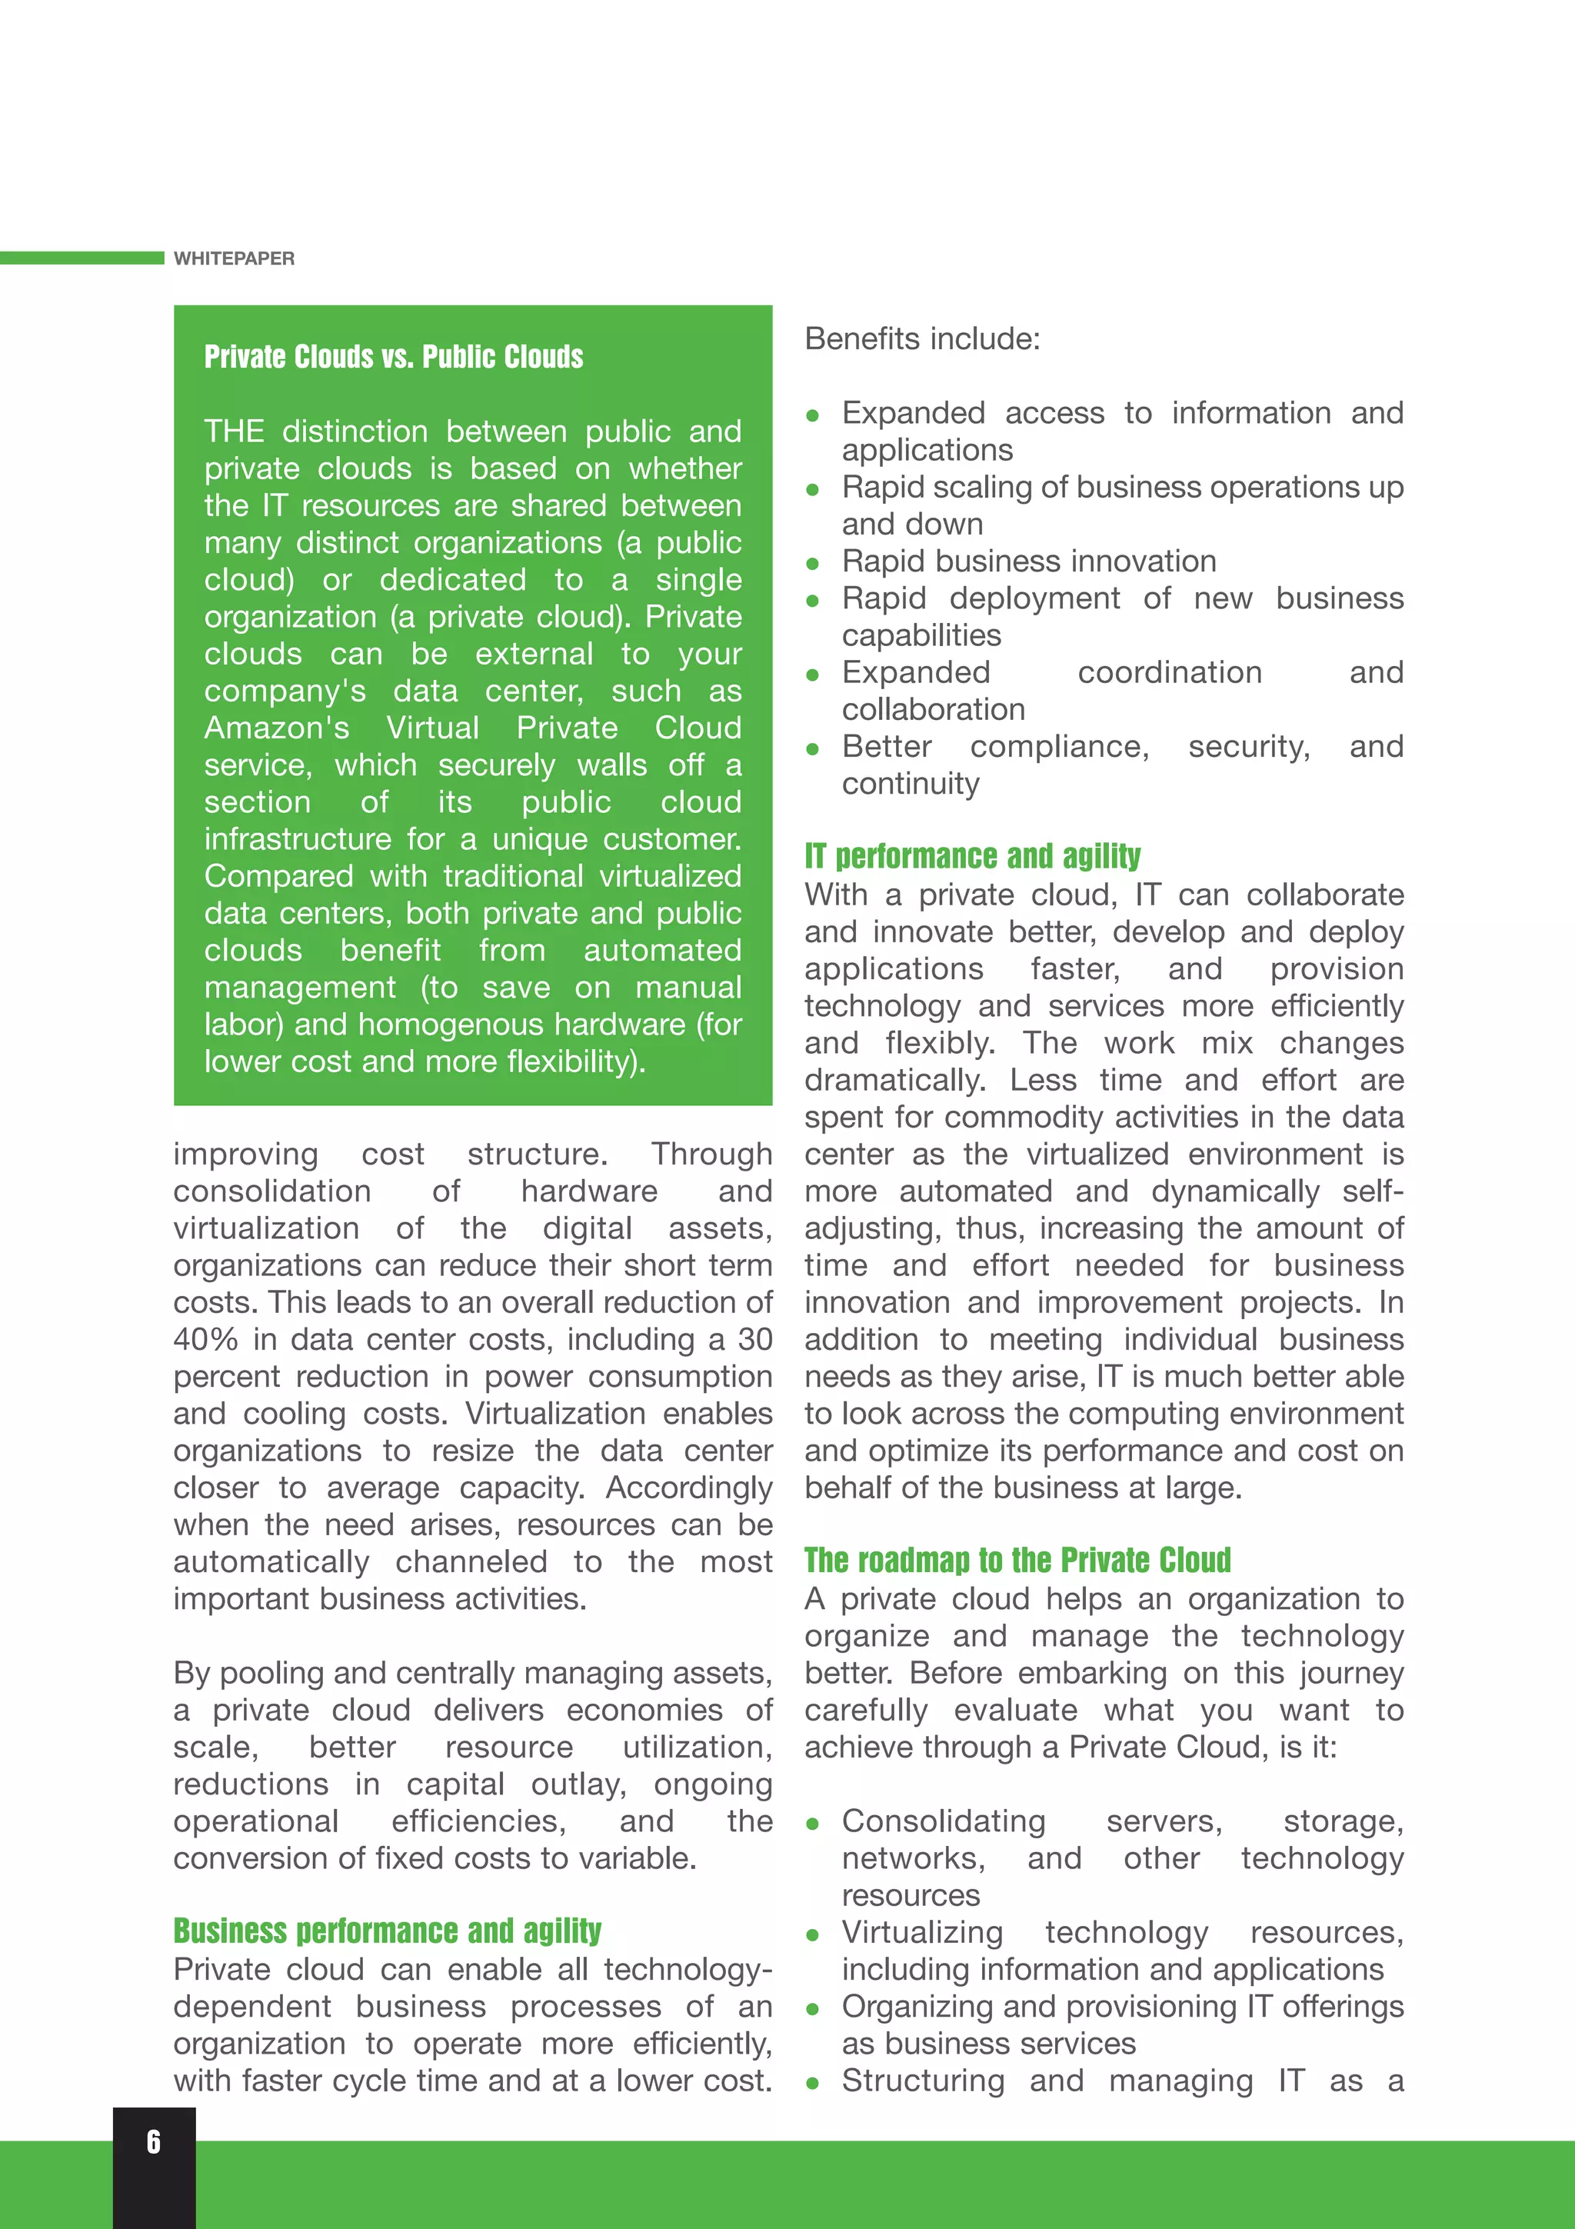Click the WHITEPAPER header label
tap(234, 258)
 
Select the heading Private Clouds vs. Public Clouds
tap(393, 357)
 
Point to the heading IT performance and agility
tap(972, 856)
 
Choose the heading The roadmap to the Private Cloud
tap(1017, 1560)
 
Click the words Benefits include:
tap(922, 339)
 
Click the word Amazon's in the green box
tap(275, 728)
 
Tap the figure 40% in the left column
tap(206, 1340)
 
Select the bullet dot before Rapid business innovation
tap(813, 563)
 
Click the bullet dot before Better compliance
tap(813, 748)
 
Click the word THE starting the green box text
tap(234, 431)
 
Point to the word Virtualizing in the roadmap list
tap(922, 1932)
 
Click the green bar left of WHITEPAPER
tap(82, 258)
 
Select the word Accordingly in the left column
tap(689, 1488)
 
